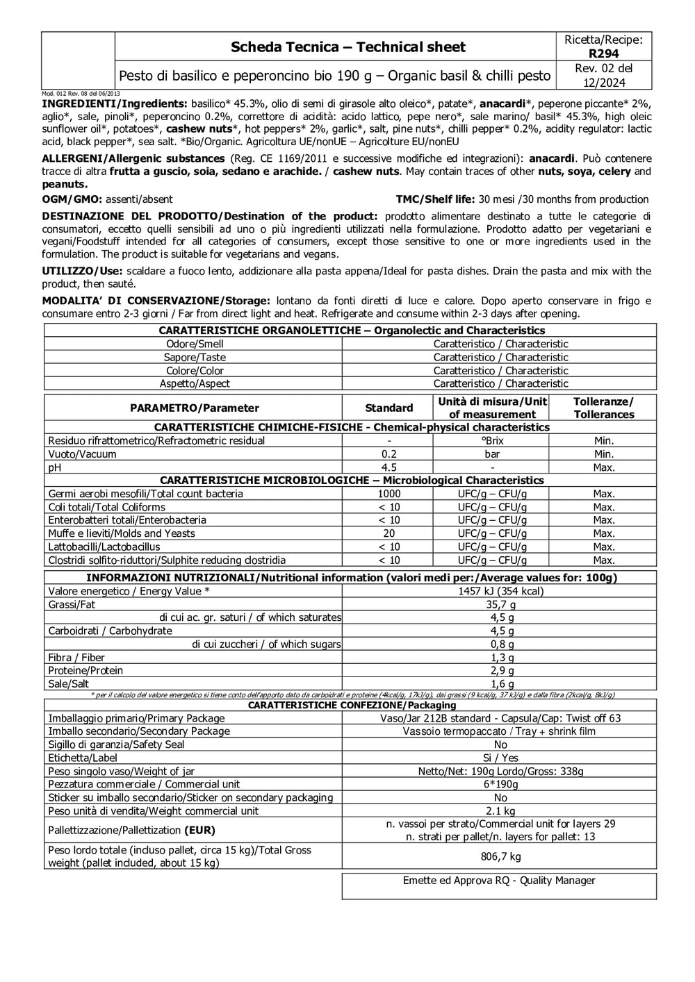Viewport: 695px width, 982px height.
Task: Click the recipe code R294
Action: pos(603,53)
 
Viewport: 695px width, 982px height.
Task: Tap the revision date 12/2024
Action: pos(604,83)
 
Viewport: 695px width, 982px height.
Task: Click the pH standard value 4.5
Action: pos(389,467)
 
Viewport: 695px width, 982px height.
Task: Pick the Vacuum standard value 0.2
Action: pos(389,454)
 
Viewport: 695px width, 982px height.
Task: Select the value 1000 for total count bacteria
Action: pos(389,494)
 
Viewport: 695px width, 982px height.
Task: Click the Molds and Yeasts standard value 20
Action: pos(389,533)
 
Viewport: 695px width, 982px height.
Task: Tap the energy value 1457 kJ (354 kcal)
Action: pos(500,591)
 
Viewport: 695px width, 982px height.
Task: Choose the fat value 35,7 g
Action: pos(500,604)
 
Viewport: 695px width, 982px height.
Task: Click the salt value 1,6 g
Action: pos(500,684)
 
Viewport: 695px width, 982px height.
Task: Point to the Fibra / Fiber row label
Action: pos(76,658)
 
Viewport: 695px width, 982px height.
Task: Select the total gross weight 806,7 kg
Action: pos(500,856)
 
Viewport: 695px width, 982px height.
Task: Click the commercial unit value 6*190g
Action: pos(500,784)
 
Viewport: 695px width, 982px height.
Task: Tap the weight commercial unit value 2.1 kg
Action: pos(500,811)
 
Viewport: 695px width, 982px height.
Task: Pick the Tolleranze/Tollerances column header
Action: pos(603,408)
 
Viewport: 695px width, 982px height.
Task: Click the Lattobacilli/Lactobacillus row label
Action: pos(104,547)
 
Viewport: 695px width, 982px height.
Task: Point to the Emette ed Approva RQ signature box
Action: pos(499,885)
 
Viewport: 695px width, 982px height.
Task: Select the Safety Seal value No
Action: pos(500,744)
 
